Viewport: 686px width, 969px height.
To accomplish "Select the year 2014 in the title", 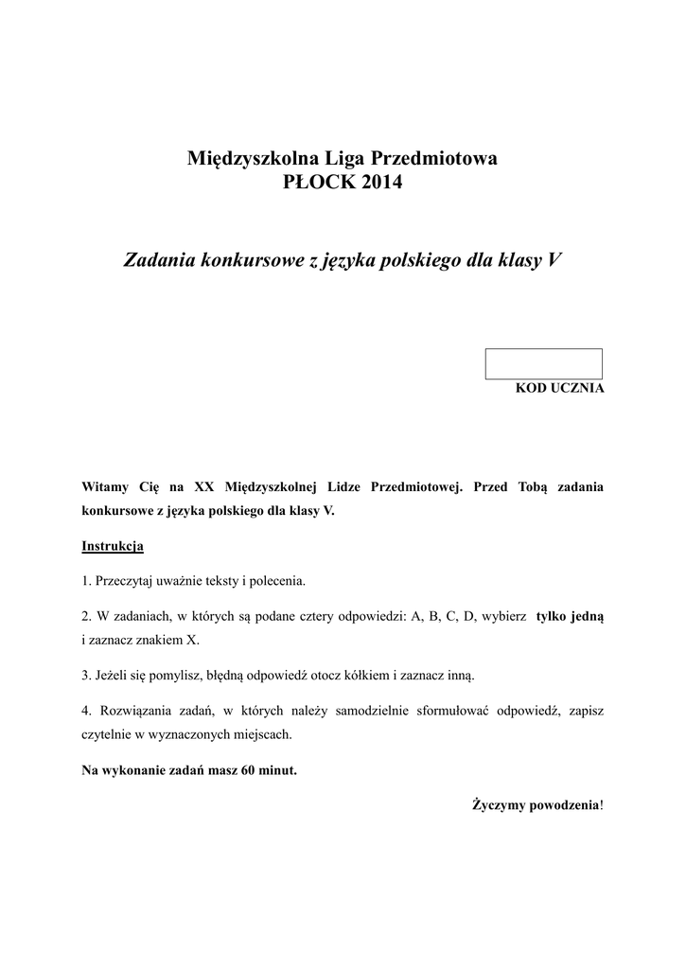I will coord(379,183).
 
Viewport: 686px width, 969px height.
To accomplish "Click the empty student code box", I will coord(543,364).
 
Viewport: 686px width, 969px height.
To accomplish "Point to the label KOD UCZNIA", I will coord(559,388).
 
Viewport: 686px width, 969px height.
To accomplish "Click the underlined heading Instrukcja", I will coord(113,546).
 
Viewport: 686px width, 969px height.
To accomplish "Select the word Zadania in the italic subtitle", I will coord(160,259).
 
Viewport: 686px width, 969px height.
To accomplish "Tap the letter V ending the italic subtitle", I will coord(554,259).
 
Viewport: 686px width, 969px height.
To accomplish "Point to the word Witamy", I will coord(105,486).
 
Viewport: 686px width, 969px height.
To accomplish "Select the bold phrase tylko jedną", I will coord(570,615).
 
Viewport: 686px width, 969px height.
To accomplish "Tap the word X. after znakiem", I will coord(192,640).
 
